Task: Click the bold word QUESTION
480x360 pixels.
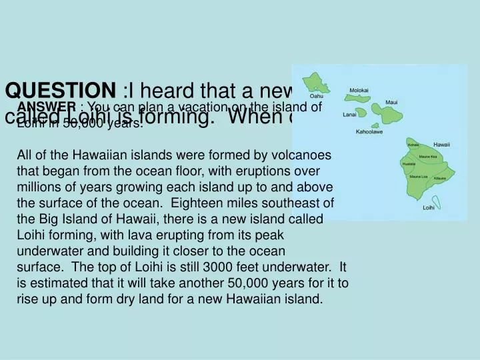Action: pyautogui.click(x=61, y=90)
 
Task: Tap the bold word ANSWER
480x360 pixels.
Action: pyautogui.click(x=47, y=107)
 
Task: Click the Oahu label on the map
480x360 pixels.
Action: pyautogui.click(x=317, y=95)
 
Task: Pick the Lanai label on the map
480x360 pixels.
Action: pyautogui.click(x=350, y=115)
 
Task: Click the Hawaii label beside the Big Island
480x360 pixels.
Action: pyautogui.click(x=441, y=144)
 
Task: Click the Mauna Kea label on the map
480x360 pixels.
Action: pyautogui.click(x=429, y=157)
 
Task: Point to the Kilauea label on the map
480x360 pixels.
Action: pyautogui.click(x=439, y=179)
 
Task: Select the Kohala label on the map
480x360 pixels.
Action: pyautogui.click(x=413, y=145)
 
